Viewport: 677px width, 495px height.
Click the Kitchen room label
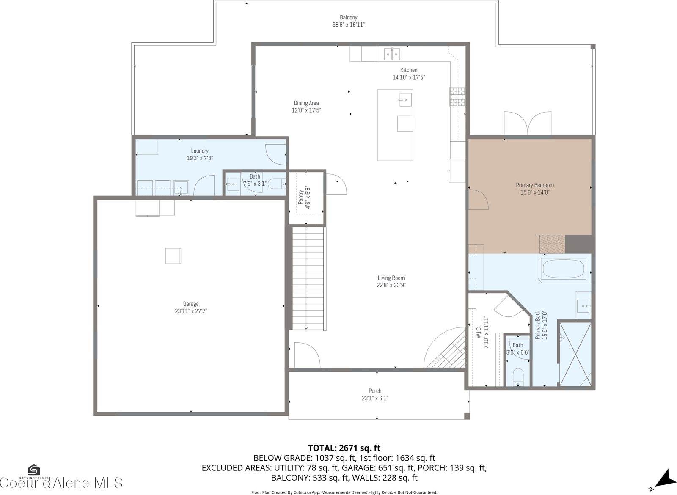[x=409, y=70]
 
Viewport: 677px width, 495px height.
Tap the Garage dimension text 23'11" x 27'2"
[x=191, y=311]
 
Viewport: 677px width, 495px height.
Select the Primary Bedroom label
[x=534, y=185]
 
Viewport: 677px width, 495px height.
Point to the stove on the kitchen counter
[x=457, y=96]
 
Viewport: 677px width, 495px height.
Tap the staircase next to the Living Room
[x=308, y=278]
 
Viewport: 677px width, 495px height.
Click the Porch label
[x=375, y=391]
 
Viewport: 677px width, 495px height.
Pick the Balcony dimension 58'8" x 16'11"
[x=348, y=25]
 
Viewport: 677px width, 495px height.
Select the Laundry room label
[x=200, y=151]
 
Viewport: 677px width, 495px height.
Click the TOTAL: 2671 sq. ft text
[x=344, y=448]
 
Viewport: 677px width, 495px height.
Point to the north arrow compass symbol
[x=663, y=478]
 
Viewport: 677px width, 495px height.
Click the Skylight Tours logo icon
[x=34, y=470]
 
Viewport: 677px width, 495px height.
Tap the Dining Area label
[x=306, y=103]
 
